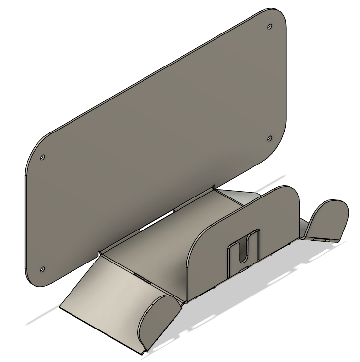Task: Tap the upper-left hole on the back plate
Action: click(42, 158)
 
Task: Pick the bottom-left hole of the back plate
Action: click(42, 269)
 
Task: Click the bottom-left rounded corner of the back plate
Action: click(31, 279)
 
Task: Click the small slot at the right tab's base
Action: click(321, 239)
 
